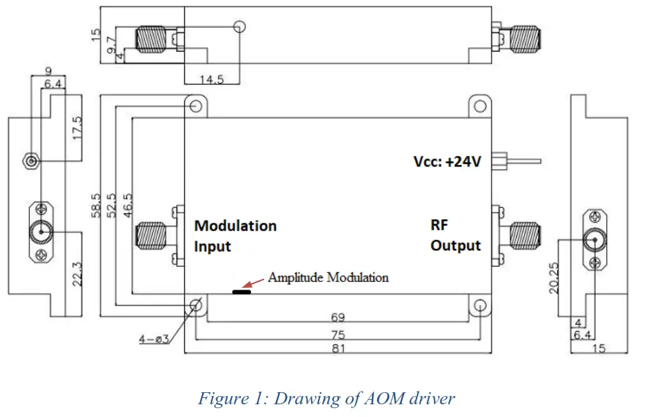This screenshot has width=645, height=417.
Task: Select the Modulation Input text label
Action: click(x=235, y=236)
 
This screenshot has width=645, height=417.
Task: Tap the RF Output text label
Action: click(x=455, y=236)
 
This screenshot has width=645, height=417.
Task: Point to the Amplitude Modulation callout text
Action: click(x=328, y=277)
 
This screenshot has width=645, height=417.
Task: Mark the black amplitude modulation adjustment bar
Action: click(x=242, y=292)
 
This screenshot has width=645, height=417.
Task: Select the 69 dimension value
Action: click(x=338, y=316)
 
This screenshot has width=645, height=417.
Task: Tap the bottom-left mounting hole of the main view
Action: click(x=196, y=306)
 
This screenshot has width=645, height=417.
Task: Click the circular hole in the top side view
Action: click(x=239, y=27)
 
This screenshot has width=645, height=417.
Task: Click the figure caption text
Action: click(x=326, y=399)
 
